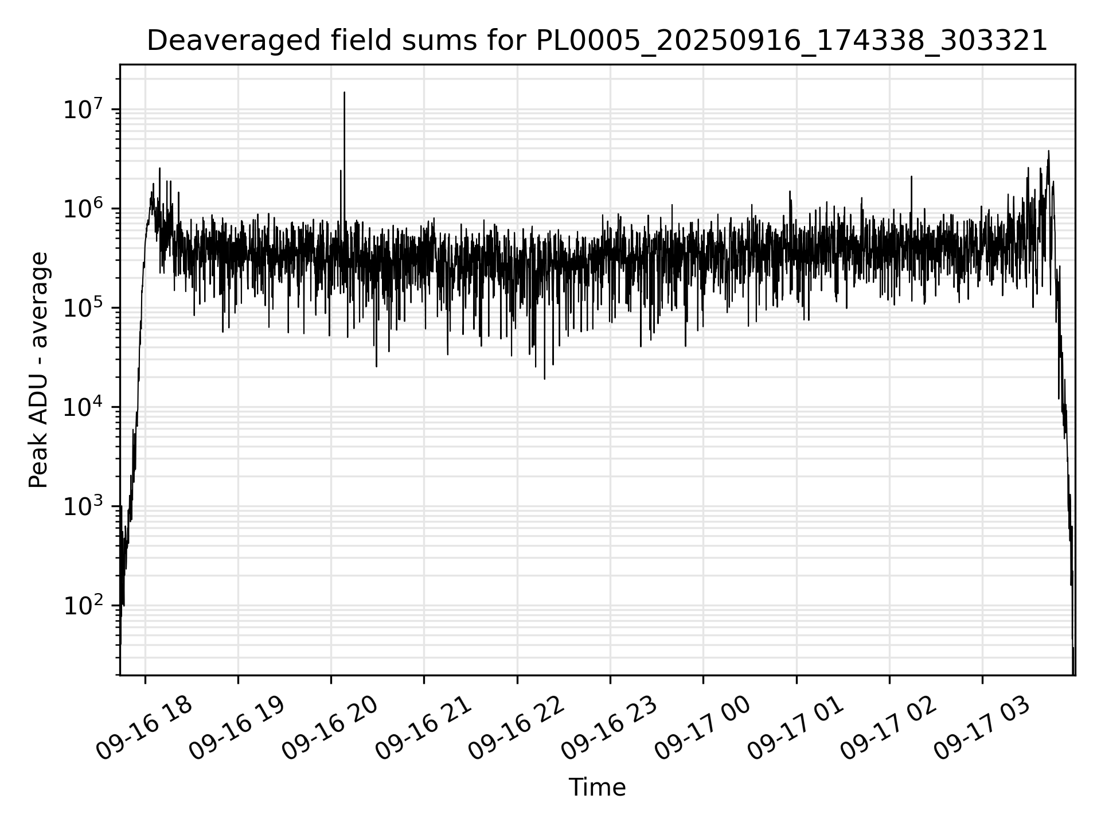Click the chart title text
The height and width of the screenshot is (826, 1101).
[x=597, y=41]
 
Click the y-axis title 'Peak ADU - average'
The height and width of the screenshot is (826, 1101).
[x=38, y=370]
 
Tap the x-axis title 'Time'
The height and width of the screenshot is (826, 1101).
[x=597, y=788]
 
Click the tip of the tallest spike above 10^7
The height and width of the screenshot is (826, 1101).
[x=344, y=92]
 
